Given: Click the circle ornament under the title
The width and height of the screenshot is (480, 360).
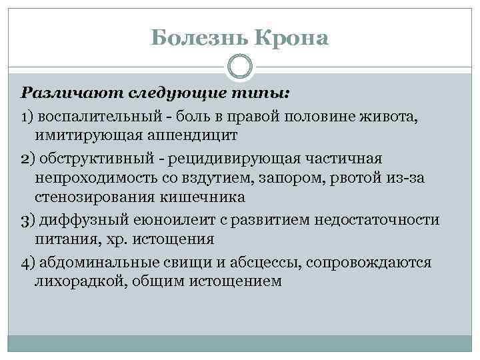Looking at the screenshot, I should [x=240, y=67].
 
